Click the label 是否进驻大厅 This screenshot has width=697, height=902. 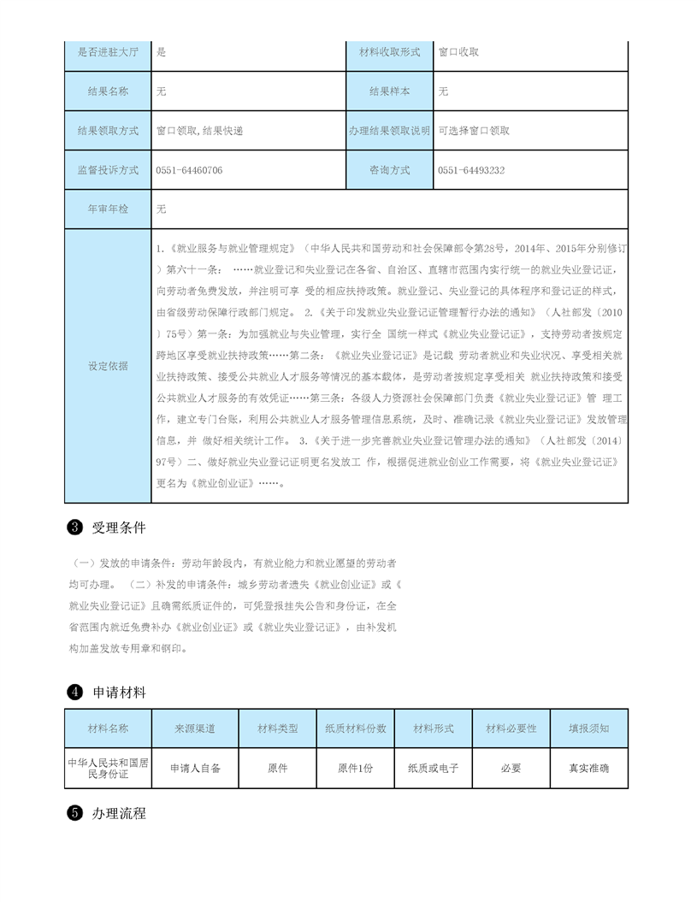click(108, 52)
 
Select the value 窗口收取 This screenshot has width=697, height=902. click(458, 52)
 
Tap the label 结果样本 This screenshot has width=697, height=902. click(389, 91)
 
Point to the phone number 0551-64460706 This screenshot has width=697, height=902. click(189, 170)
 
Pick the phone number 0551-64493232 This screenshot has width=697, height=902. click(470, 170)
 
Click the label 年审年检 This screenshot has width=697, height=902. click(108, 209)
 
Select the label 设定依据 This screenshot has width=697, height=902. click(108, 366)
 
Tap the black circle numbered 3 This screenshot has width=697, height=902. click(74, 528)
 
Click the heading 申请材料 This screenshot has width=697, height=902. click(119, 692)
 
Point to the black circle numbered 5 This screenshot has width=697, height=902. click(74, 813)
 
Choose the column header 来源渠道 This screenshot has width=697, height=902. click(195, 728)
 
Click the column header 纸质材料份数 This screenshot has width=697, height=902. click(356, 728)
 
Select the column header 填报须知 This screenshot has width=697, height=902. click(589, 728)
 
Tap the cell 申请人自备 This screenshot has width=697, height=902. click(195, 769)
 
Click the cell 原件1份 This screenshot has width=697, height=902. click(356, 769)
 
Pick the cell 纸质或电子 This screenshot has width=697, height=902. click(434, 769)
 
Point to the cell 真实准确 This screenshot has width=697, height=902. click(589, 769)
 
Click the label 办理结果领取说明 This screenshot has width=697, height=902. click(389, 131)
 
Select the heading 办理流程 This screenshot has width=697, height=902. click(119, 813)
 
